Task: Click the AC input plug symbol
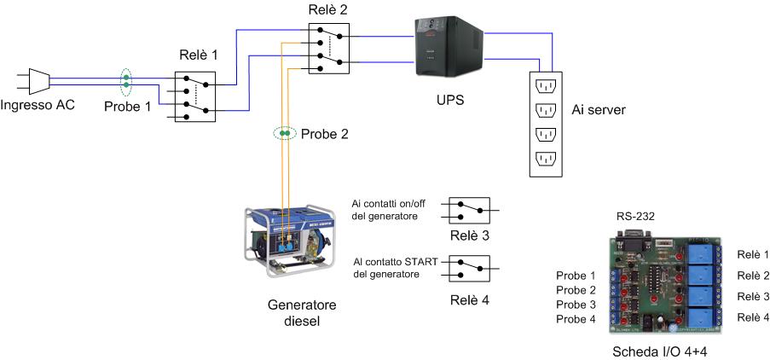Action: (x=34, y=80)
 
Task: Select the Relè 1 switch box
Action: (x=195, y=96)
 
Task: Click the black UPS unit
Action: (x=447, y=49)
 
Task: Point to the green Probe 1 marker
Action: (x=125, y=82)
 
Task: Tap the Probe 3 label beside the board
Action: (x=576, y=305)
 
